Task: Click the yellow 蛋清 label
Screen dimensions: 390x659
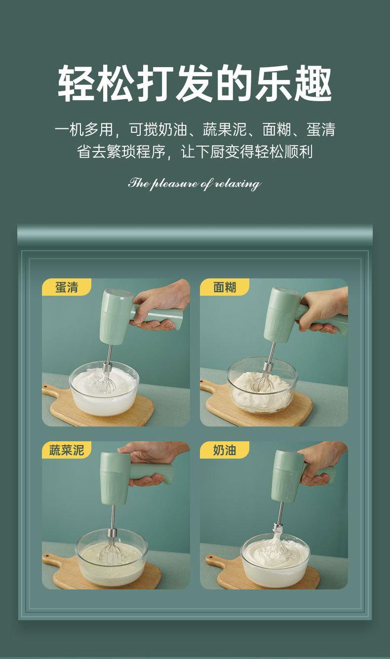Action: [x=67, y=287]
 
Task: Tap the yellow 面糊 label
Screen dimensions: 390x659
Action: [x=225, y=287]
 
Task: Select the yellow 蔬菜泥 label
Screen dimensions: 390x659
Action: [x=67, y=450]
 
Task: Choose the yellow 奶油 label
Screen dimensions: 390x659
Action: [x=225, y=450]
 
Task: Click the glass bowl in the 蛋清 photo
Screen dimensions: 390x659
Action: [x=104, y=388]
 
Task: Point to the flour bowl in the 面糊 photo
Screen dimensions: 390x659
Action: [x=262, y=385]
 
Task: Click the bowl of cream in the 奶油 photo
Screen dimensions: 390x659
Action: [x=275, y=559]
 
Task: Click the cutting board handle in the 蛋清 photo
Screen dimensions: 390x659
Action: [x=52, y=390]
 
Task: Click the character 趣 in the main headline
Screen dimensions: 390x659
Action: [x=313, y=83]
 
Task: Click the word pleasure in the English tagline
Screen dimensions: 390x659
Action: [x=174, y=184]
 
